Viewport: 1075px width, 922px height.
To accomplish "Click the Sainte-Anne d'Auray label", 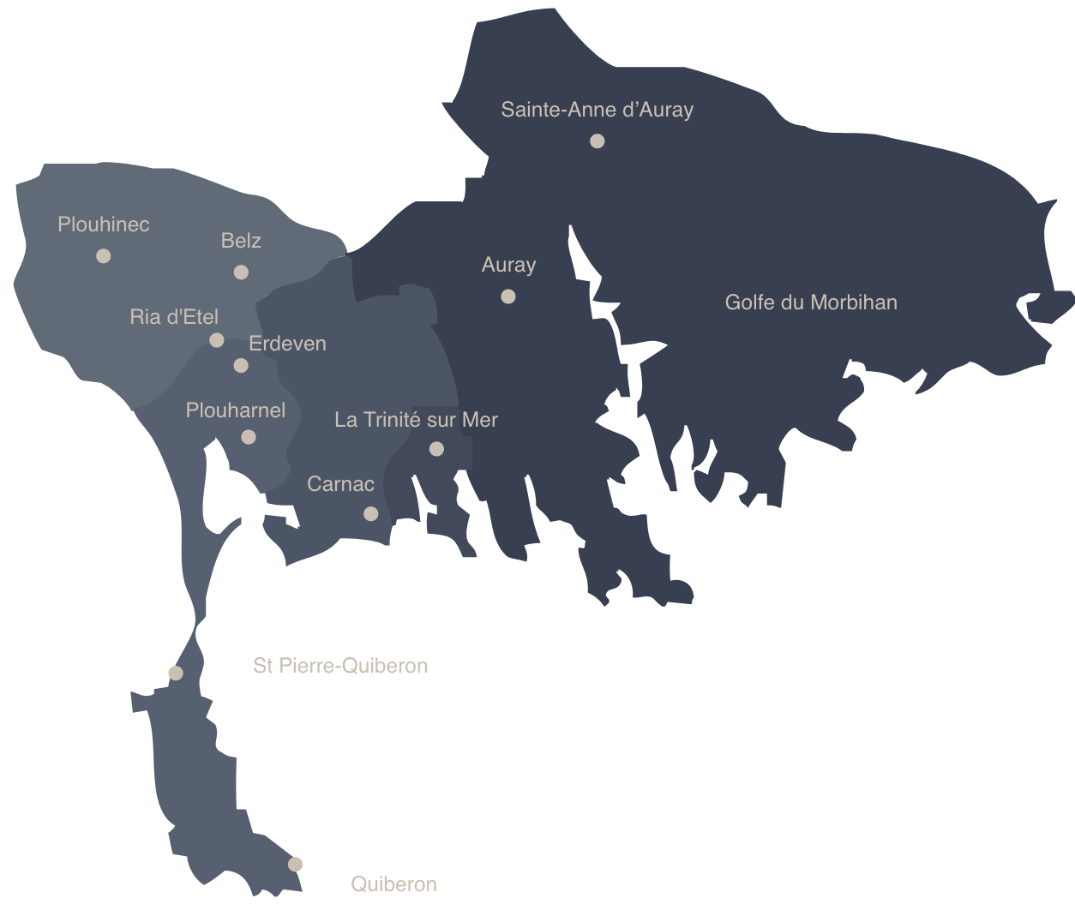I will (597, 110).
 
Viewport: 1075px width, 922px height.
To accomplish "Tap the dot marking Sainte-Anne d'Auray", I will (598, 141).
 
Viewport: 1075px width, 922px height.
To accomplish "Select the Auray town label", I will (508, 265).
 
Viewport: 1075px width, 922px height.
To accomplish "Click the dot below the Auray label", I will (508, 296).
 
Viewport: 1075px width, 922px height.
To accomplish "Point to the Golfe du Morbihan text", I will (811, 302).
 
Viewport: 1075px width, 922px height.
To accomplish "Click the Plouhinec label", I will (103, 225).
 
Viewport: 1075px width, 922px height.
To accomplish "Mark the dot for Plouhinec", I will (104, 256).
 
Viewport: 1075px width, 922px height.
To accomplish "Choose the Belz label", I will (241, 241).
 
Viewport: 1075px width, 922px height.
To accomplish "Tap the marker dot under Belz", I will (241, 272).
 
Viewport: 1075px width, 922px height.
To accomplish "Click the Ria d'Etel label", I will (174, 317).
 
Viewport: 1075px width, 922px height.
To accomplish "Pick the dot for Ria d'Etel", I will (217, 340).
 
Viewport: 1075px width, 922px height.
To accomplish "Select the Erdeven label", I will (287, 344).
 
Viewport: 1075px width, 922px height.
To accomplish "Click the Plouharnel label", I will (236, 410).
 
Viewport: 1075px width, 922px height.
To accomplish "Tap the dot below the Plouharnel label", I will (249, 437).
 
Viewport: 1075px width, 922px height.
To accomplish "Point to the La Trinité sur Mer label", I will (416, 420).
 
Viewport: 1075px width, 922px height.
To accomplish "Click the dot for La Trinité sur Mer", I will (436, 449).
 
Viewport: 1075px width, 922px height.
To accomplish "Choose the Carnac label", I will (340, 484).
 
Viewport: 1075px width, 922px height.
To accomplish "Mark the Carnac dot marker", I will (370, 514).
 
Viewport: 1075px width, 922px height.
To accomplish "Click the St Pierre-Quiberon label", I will (340, 666).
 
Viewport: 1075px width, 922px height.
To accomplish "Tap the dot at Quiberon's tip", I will (295, 865).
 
